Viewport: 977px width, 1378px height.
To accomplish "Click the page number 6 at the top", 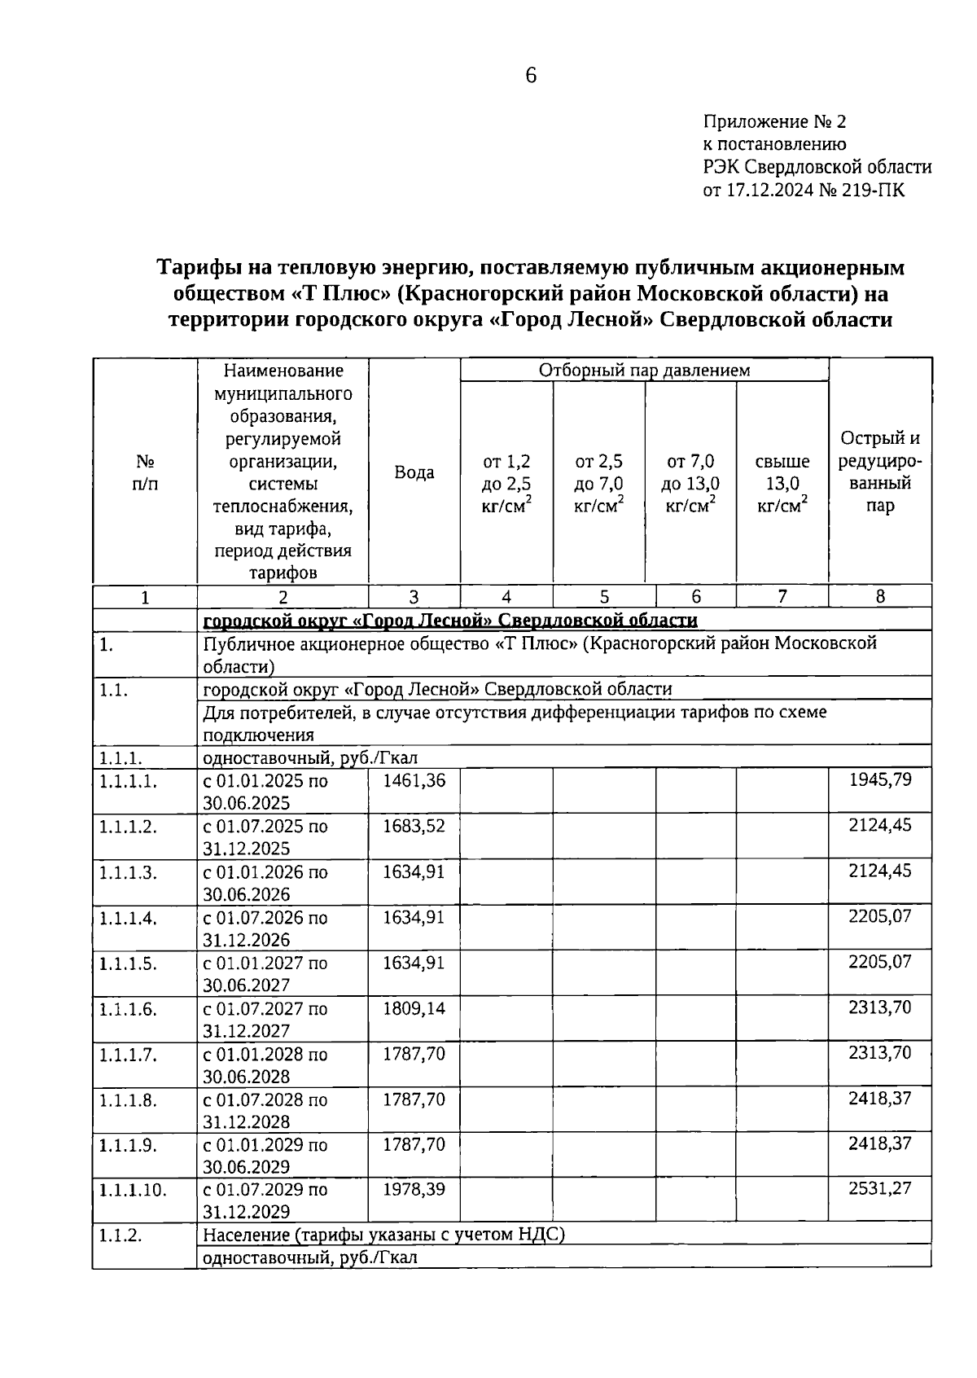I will (531, 76).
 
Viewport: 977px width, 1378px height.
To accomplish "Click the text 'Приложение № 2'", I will (774, 122).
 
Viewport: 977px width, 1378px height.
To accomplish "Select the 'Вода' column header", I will (414, 472).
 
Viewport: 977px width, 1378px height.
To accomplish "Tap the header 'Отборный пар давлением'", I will (644, 371).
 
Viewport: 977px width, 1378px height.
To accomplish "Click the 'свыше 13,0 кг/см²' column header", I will (782, 484).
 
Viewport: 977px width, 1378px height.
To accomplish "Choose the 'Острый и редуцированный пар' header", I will (879, 472).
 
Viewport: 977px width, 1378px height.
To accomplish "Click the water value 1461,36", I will (414, 780).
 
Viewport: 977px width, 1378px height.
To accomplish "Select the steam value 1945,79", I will (879, 779).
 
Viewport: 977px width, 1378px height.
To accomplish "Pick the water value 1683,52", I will (414, 826).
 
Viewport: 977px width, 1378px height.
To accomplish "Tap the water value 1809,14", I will (414, 1008).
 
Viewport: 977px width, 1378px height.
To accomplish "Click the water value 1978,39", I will (414, 1189).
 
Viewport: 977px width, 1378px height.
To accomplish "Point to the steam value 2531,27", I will (879, 1188).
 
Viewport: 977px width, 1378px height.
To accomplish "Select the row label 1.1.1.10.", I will (133, 1190).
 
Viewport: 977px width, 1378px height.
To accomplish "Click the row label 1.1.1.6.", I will (128, 1009).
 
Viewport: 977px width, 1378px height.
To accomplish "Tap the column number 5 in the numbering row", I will (604, 597).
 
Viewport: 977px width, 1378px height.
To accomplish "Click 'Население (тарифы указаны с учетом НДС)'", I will (383, 1235).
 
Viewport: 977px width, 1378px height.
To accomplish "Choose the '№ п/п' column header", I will (145, 472).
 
